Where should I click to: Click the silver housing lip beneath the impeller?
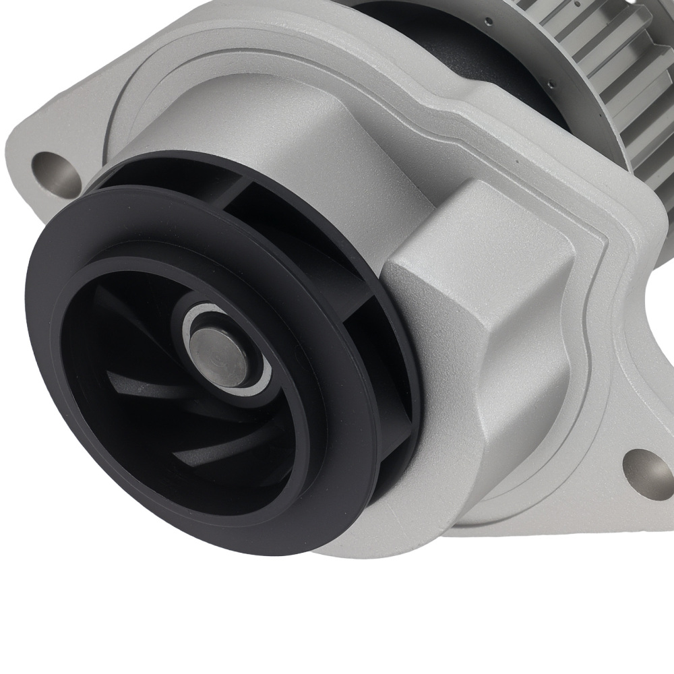coord(350,539)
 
